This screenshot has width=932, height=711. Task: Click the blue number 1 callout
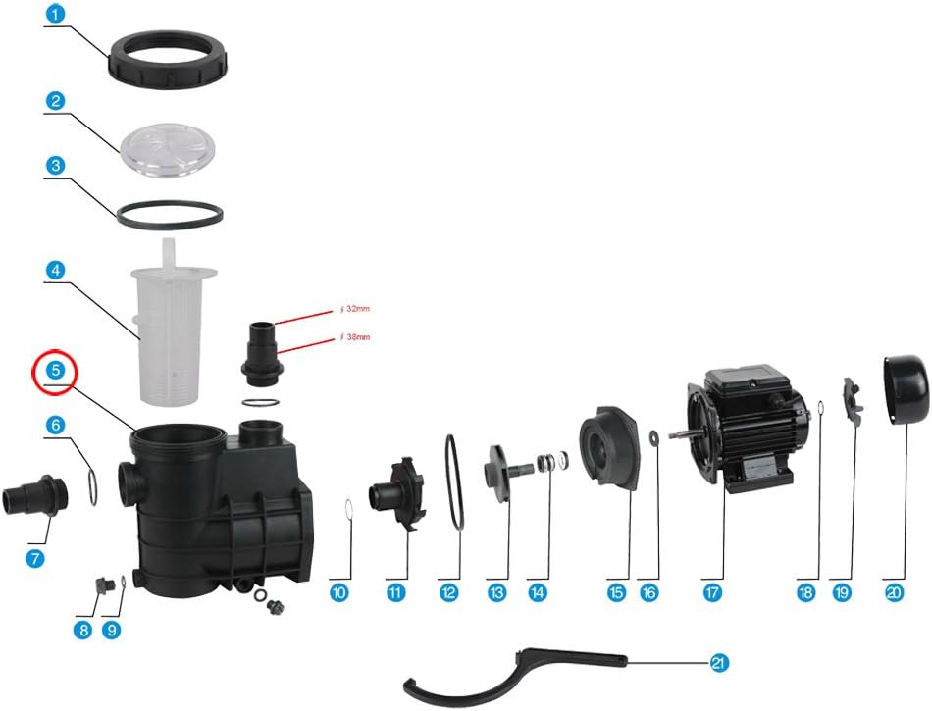pos(55,14)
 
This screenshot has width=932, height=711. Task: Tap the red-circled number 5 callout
pos(55,370)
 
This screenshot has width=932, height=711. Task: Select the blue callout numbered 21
pos(719,662)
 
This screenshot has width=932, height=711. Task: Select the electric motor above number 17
pos(740,427)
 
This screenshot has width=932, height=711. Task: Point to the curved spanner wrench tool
pos(515,676)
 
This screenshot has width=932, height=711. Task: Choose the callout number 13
pos(497,592)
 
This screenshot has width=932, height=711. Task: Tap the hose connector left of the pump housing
pos(35,496)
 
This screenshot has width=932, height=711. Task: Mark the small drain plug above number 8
pos(101,585)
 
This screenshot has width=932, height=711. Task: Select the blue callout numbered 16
pos(649,592)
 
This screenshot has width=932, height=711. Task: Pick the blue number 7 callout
pos(35,558)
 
